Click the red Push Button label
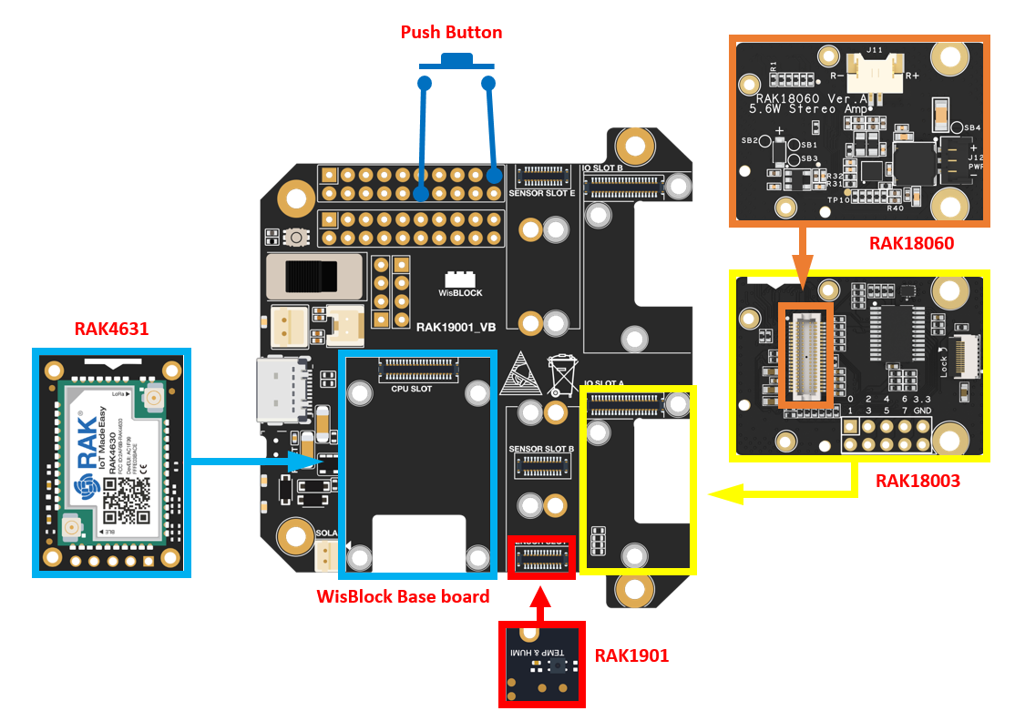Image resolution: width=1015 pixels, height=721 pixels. [x=451, y=32]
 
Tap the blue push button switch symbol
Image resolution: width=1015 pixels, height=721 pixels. [x=456, y=63]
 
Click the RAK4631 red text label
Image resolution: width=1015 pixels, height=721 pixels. [x=111, y=329]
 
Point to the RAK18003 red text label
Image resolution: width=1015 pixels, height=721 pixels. [x=918, y=481]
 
